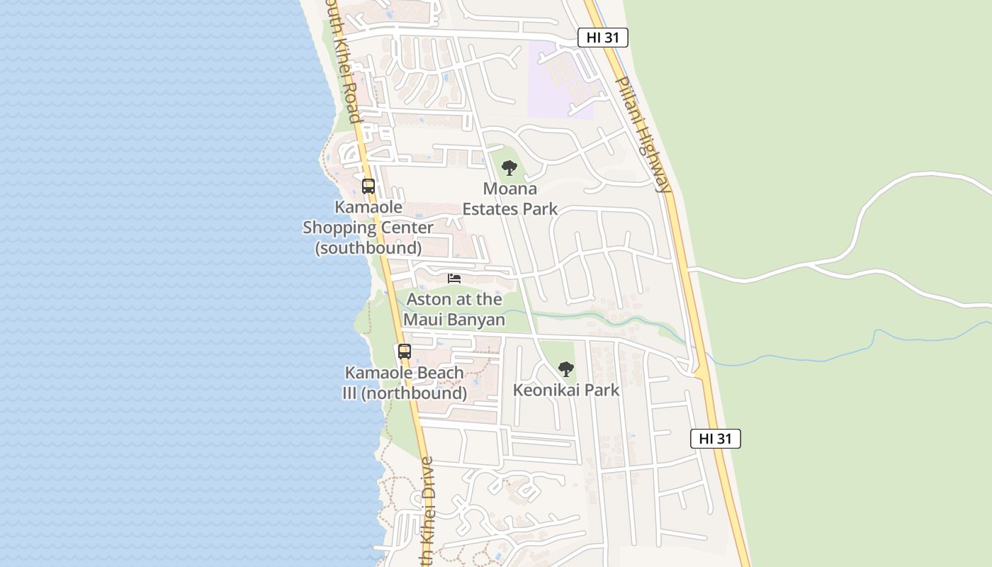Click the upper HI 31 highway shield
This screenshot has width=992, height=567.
603,38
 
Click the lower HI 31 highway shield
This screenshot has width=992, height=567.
716,439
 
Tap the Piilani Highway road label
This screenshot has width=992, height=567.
642,135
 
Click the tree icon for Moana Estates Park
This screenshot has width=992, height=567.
509,168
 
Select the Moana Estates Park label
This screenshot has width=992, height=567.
510,199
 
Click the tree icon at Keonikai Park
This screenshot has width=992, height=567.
565,369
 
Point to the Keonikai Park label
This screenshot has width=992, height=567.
565,390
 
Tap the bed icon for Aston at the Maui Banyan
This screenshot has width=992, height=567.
454,279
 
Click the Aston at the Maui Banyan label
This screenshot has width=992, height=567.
454,310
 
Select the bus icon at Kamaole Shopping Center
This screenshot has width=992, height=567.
368,186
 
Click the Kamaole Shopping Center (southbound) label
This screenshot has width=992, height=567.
368,228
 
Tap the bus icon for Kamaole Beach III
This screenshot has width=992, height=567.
404,352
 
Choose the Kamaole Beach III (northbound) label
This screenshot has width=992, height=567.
405,383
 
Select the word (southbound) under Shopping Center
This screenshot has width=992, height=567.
368,248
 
